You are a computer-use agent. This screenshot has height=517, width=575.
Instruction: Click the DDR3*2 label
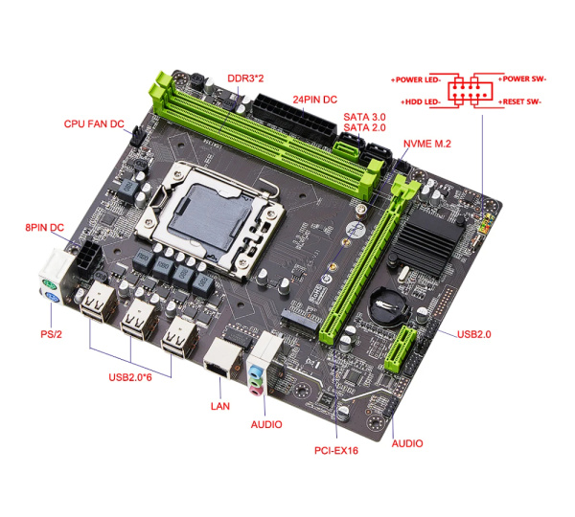click(x=246, y=77)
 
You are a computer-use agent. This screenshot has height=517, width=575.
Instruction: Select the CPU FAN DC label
click(x=94, y=124)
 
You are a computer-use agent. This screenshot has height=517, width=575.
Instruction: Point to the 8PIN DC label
click(x=44, y=227)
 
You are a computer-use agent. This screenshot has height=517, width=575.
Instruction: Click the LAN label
click(x=220, y=406)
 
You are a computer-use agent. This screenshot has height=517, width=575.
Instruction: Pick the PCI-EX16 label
click(x=336, y=449)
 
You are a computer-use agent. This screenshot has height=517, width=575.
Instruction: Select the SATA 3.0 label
click(x=363, y=116)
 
